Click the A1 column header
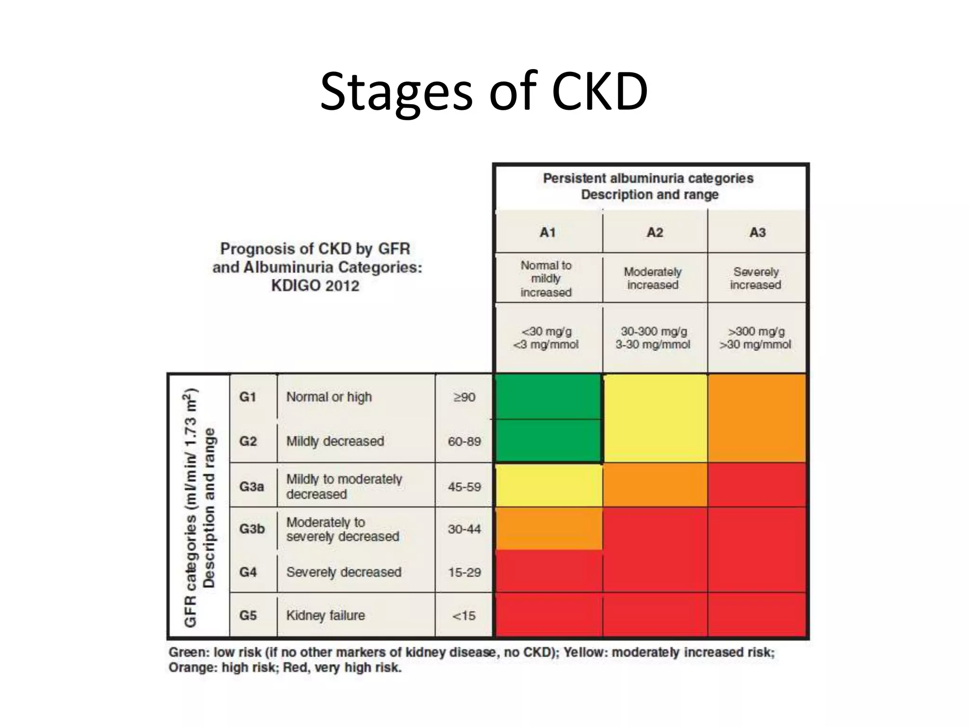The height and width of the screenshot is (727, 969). click(547, 232)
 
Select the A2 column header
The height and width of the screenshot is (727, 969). click(655, 232)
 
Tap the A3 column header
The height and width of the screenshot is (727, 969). click(757, 232)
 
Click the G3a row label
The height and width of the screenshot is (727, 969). click(251, 487)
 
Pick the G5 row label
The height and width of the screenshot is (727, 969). click(248, 615)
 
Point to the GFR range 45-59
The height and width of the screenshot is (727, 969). click(464, 487)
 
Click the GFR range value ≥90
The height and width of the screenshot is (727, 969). click(464, 397)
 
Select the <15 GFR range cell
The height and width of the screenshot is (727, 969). click(464, 616)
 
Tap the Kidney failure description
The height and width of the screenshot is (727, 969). click(326, 615)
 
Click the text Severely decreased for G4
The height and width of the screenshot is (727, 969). click(344, 572)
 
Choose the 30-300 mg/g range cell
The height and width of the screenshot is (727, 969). click(653, 337)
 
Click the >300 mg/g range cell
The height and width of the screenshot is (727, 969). click(756, 337)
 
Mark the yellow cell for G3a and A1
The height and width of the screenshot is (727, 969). click(548, 485)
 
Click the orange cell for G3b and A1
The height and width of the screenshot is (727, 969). click(548, 528)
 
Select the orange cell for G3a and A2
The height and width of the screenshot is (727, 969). click(655, 485)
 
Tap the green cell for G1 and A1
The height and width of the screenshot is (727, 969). click(547, 397)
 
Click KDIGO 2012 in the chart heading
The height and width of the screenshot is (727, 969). click(315, 286)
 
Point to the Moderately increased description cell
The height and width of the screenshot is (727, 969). click(653, 278)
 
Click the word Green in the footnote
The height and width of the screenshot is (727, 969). click(187, 652)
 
